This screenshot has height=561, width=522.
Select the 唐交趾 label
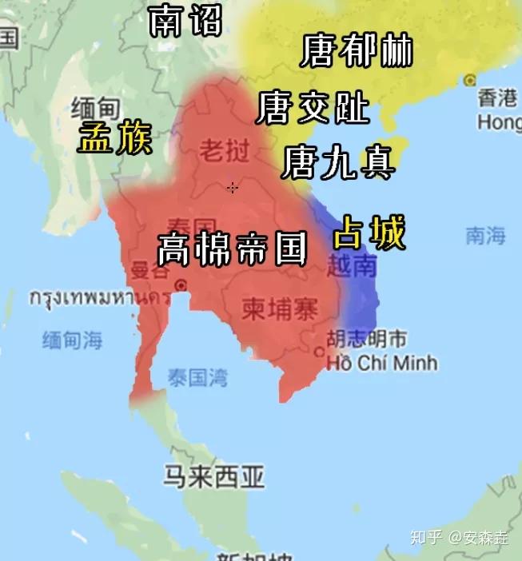[x=313, y=108]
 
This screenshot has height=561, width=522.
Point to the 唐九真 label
[x=338, y=163]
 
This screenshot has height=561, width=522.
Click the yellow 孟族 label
[x=115, y=140]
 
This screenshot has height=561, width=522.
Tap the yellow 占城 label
[x=369, y=234]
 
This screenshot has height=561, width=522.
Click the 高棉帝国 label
[x=233, y=249]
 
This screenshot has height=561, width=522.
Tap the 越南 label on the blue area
[x=352, y=266]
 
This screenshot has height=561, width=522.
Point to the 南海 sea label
[x=486, y=236]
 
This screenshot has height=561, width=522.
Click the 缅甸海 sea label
[x=73, y=340]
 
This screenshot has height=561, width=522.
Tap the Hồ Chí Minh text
[x=382, y=363]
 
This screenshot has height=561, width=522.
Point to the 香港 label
[x=498, y=98]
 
